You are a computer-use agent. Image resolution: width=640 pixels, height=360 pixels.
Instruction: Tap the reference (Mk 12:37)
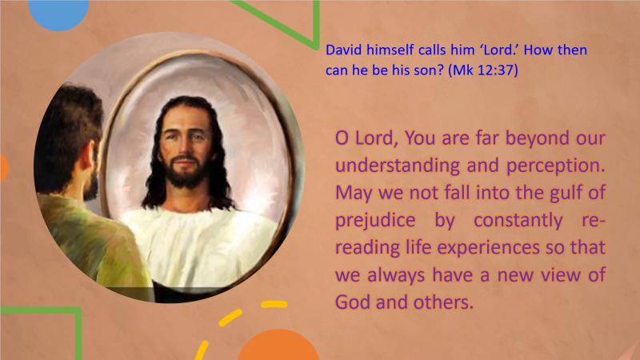(x=483, y=70)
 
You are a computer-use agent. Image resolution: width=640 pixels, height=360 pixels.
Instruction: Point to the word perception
(x=555, y=166)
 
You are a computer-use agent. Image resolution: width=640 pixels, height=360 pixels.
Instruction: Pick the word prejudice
(x=375, y=221)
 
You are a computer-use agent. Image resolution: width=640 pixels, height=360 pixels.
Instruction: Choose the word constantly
(x=518, y=221)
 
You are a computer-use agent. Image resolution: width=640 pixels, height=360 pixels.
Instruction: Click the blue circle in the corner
(x=58, y=12)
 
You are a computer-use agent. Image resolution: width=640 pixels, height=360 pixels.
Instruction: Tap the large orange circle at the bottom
(x=278, y=346)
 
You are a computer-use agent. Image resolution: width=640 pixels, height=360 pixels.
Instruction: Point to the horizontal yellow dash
(x=274, y=304)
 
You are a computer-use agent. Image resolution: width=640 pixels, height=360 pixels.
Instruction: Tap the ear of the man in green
(x=86, y=160)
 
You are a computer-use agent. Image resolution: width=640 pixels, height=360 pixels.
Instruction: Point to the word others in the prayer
(x=443, y=302)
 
